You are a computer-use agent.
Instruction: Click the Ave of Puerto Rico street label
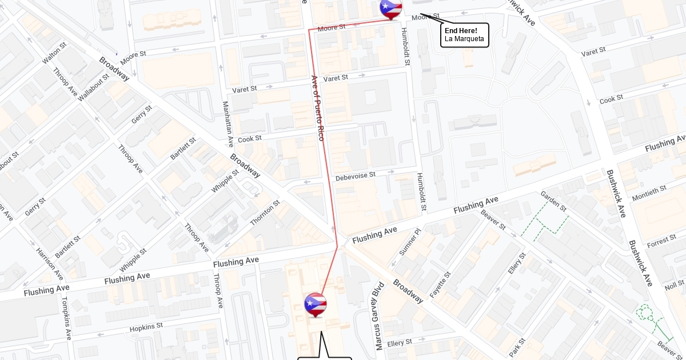(317, 109)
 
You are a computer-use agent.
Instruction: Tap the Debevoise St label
(356, 175)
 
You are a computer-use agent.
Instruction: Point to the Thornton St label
(265, 212)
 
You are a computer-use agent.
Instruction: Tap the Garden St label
(553, 201)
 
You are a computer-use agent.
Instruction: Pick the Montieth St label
(649, 193)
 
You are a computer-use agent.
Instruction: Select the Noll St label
(675, 285)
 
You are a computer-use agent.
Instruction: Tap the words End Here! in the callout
(461, 30)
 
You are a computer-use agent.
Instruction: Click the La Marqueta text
(464, 39)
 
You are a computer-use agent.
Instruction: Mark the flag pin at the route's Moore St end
(391, 8)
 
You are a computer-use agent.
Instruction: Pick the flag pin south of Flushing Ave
(315, 304)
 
